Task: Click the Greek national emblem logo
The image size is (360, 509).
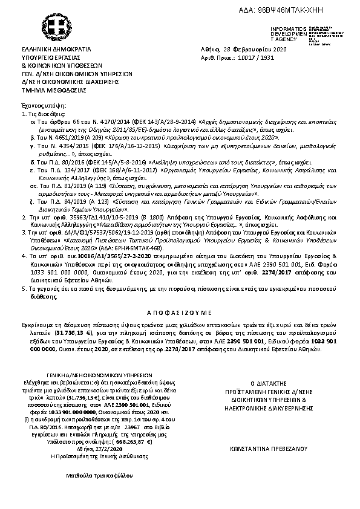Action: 60,28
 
